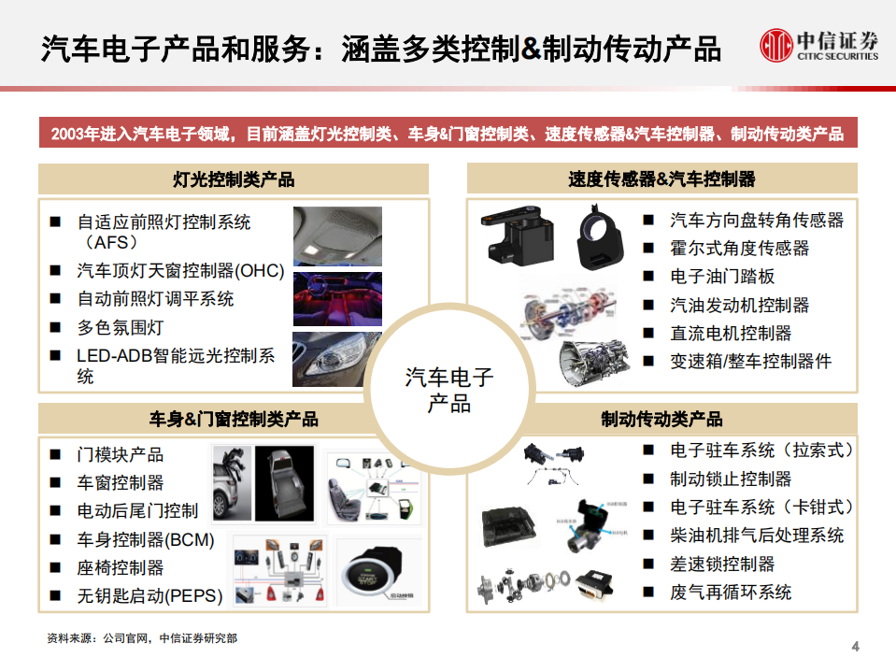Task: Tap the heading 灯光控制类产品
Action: click(x=234, y=179)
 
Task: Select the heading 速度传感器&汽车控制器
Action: click(x=661, y=179)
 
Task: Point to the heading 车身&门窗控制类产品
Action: click(x=234, y=420)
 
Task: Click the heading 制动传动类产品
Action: click(x=661, y=420)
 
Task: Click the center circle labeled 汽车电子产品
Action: click(x=448, y=391)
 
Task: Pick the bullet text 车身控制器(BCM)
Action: click(x=145, y=539)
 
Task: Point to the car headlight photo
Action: click(x=337, y=360)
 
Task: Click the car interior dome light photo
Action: click(x=337, y=236)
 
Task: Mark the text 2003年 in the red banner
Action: click(x=72, y=135)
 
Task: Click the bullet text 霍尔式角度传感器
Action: click(x=739, y=249)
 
